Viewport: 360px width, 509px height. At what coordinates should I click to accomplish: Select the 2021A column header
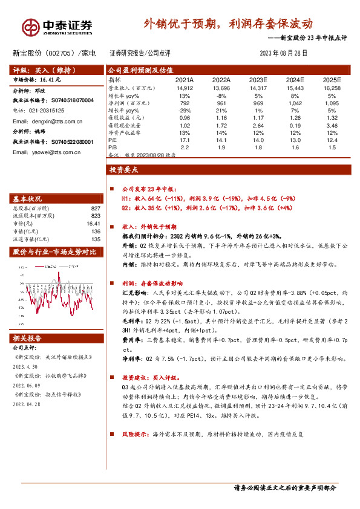coord(184,80)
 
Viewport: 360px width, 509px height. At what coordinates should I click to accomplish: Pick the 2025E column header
coord(332,80)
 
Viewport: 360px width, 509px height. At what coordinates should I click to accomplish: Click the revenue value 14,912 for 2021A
coord(184,88)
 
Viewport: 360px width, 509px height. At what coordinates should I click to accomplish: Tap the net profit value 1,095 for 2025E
coord(332,103)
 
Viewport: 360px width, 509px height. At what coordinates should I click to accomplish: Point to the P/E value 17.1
coord(184,140)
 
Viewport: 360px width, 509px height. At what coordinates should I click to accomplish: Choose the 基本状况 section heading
coord(28,199)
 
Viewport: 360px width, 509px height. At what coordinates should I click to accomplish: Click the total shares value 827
coord(95,209)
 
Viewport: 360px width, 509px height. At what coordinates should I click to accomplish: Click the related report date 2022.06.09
coord(25,384)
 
